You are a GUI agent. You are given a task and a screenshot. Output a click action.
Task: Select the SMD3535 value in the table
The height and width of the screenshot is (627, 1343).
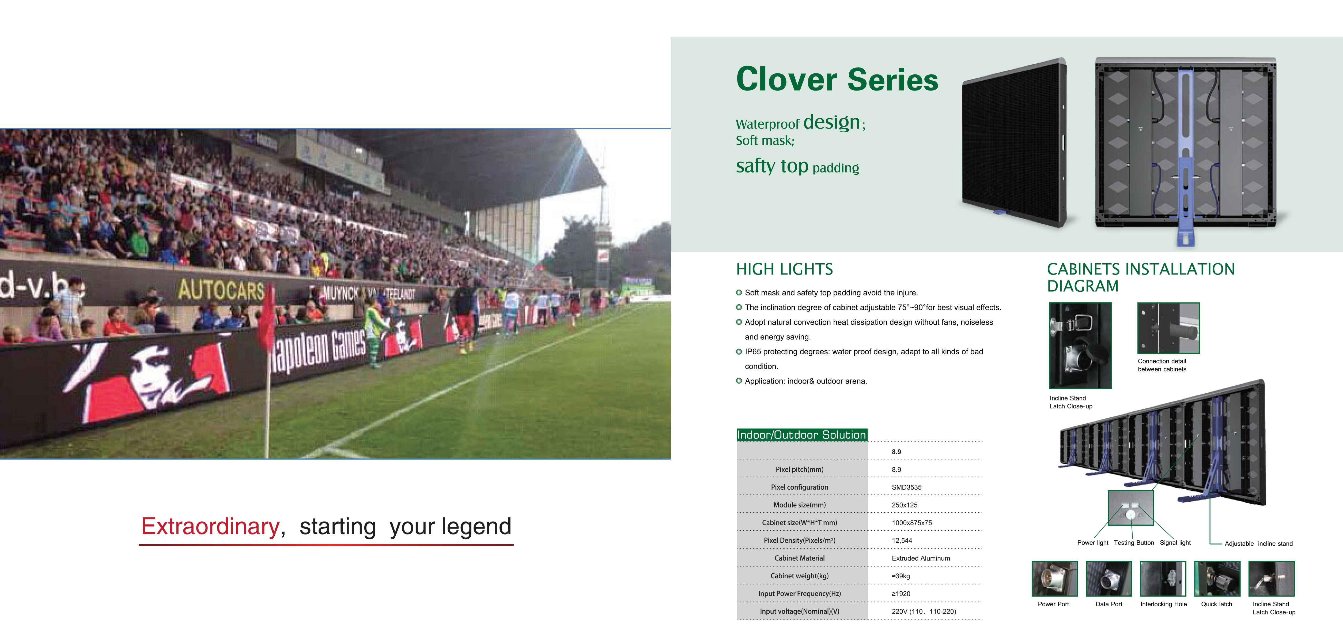(x=907, y=487)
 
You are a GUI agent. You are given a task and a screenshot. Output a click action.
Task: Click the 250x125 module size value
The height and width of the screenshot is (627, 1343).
(x=905, y=505)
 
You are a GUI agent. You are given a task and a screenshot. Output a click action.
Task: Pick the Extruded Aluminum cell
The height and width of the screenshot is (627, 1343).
(x=921, y=558)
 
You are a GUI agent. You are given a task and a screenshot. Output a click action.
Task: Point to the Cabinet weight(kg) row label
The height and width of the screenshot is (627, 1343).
(x=799, y=576)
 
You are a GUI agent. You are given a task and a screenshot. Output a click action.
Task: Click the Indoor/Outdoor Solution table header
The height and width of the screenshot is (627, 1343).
(x=801, y=434)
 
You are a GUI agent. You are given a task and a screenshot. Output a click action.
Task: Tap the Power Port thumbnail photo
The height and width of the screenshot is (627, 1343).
(x=1054, y=579)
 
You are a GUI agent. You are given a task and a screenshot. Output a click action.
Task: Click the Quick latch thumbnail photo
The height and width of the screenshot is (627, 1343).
(x=1217, y=579)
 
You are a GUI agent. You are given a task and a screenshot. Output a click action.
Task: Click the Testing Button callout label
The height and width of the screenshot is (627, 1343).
(x=1134, y=542)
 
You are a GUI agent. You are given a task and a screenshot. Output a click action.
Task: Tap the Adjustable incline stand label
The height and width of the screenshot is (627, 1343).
(x=1258, y=543)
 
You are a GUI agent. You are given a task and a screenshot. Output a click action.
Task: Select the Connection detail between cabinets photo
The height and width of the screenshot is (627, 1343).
(x=1168, y=328)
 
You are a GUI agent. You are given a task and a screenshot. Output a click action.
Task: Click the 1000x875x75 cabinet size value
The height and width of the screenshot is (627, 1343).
(x=912, y=523)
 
